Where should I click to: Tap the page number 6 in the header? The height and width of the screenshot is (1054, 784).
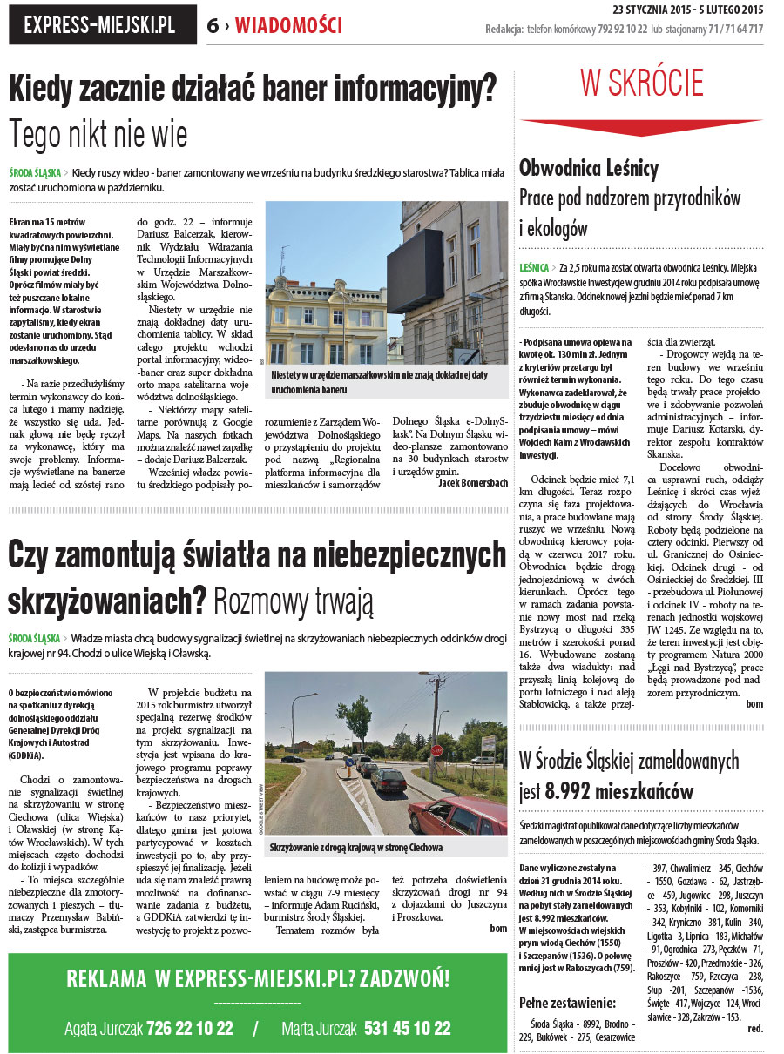[213, 26]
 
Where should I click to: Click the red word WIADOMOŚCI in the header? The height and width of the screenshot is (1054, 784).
[288, 26]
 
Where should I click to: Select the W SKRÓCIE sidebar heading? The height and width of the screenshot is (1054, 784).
[642, 84]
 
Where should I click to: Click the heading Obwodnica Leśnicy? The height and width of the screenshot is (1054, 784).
[589, 168]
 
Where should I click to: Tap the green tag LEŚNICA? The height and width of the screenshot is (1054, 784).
[533, 267]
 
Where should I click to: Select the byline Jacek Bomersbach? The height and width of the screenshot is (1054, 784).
[472, 482]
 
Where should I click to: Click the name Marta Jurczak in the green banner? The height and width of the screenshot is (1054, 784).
[319, 1029]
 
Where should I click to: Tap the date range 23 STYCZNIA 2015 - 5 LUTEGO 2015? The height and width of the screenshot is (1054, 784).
[687, 10]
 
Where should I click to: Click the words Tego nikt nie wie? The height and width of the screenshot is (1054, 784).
[98, 135]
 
